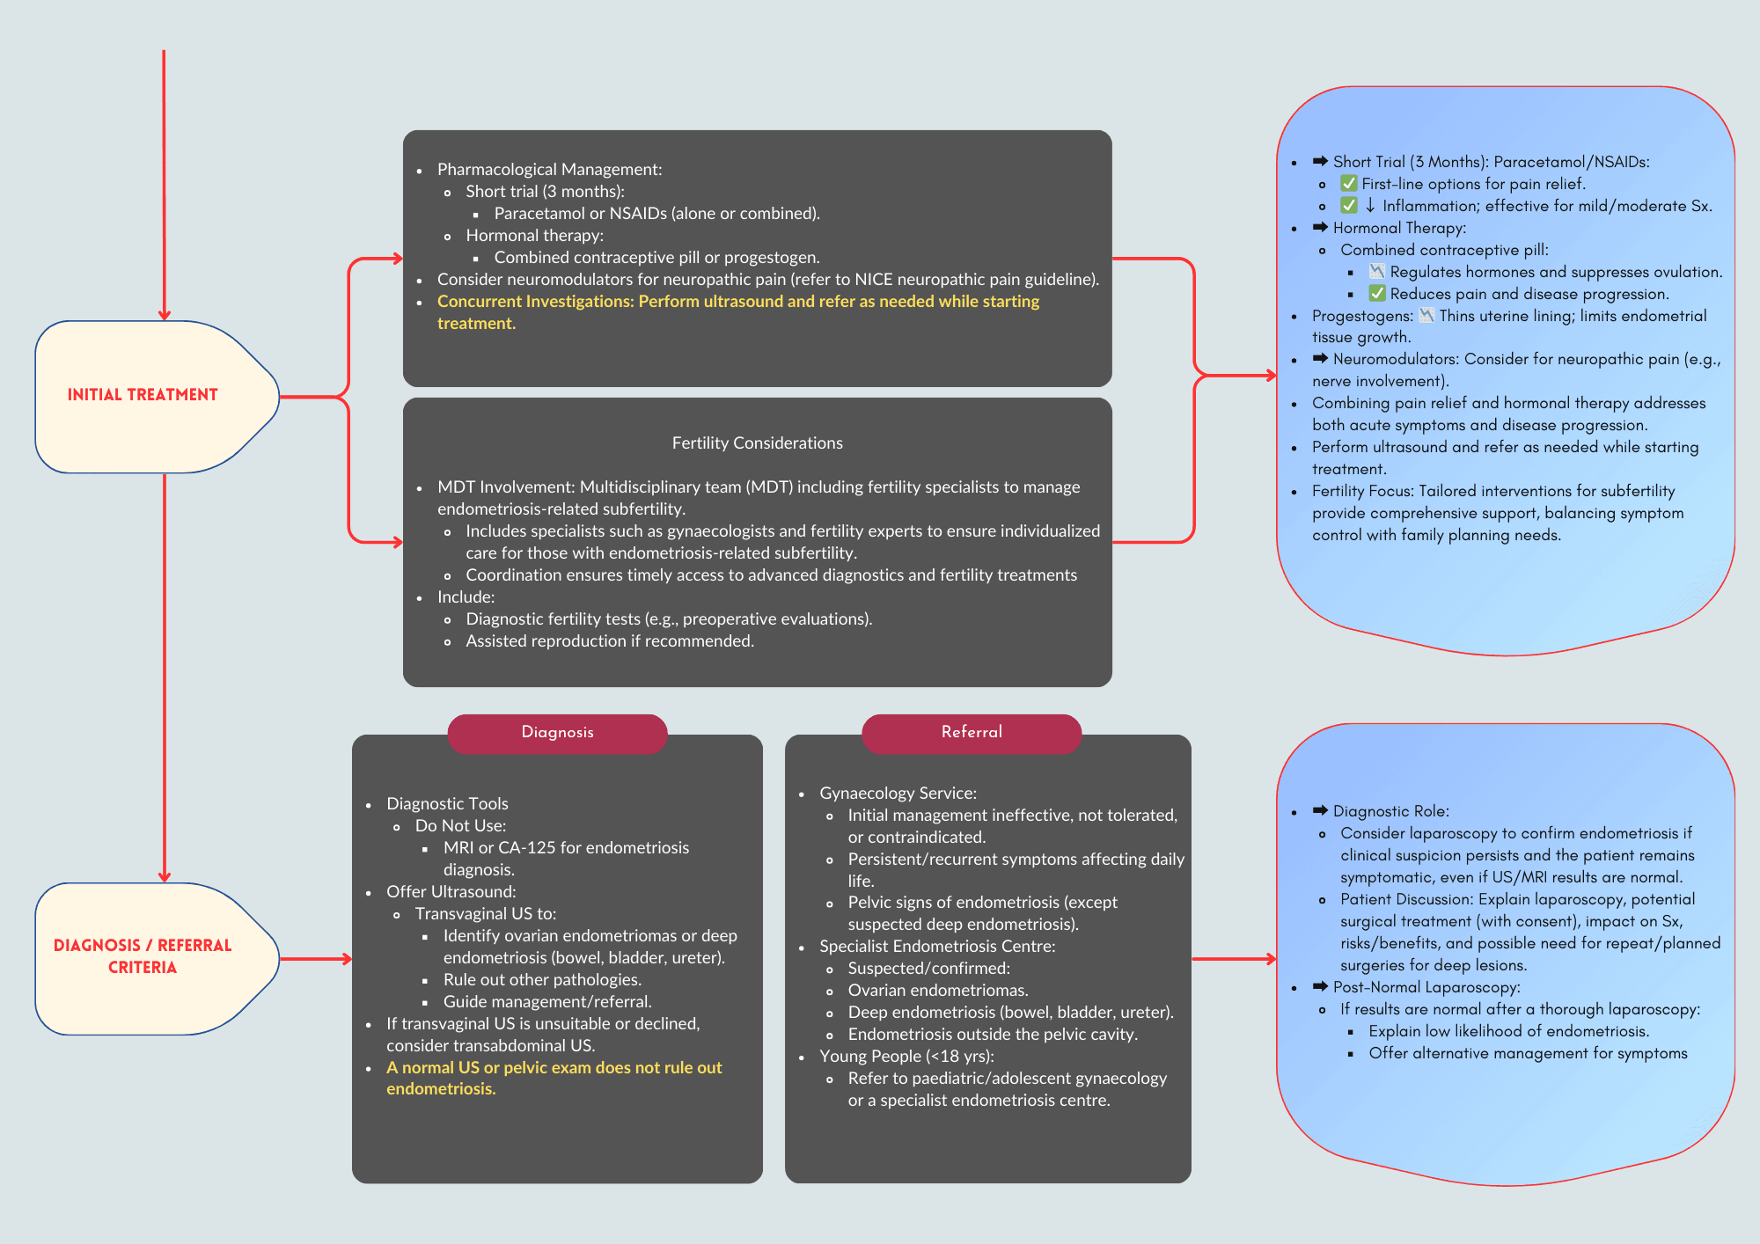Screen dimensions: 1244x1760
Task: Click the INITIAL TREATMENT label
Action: click(143, 395)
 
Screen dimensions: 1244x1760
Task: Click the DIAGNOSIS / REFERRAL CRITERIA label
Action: click(143, 956)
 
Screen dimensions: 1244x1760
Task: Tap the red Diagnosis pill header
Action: click(557, 732)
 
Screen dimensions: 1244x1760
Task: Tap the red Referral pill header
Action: click(972, 732)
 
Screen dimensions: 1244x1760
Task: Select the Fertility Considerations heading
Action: click(757, 443)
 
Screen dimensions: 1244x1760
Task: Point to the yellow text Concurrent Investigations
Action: click(535, 302)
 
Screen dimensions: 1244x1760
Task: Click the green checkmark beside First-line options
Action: click(1348, 184)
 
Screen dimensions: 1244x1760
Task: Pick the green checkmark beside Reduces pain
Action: click(1376, 294)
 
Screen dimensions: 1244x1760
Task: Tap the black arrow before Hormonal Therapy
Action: click(1320, 227)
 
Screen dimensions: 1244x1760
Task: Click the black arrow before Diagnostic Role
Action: click(1320, 810)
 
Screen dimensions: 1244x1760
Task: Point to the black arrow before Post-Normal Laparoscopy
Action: click(1320, 986)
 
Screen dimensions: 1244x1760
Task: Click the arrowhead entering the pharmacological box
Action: click(397, 259)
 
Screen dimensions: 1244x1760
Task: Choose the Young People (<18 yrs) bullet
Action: click(906, 1057)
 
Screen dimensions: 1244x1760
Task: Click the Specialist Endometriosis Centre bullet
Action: click(936, 947)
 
